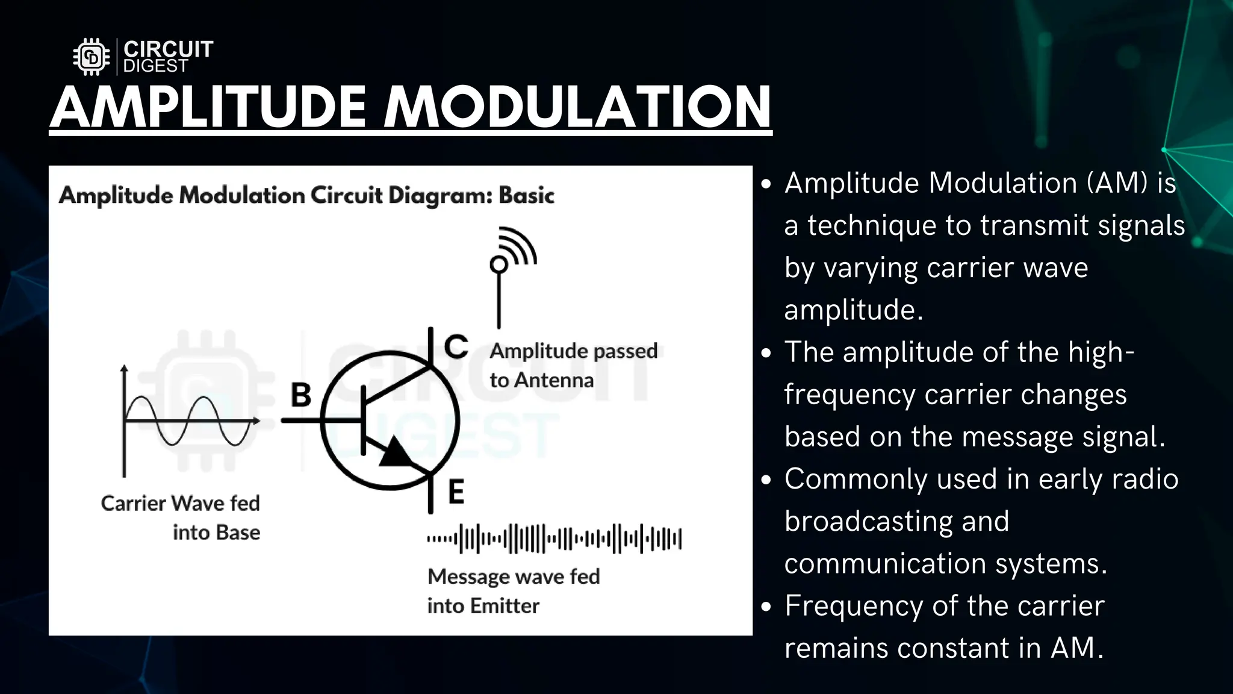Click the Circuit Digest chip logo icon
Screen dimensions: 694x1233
pos(92,57)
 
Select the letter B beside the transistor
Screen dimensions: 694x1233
pos(301,395)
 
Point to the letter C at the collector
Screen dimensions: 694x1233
pos(456,346)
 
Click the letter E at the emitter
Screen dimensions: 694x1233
pos(456,492)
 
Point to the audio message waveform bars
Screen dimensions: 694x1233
pos(554,538)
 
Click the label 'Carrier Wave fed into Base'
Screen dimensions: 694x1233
pos(181,517)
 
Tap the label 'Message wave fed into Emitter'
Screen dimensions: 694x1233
pos(513,590)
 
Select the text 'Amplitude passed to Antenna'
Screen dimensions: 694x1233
pos(573,365)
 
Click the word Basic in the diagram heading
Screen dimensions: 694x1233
pos(526,196)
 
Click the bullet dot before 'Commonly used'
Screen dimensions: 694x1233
pos(766,480)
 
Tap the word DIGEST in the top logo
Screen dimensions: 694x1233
pos(155,66)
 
